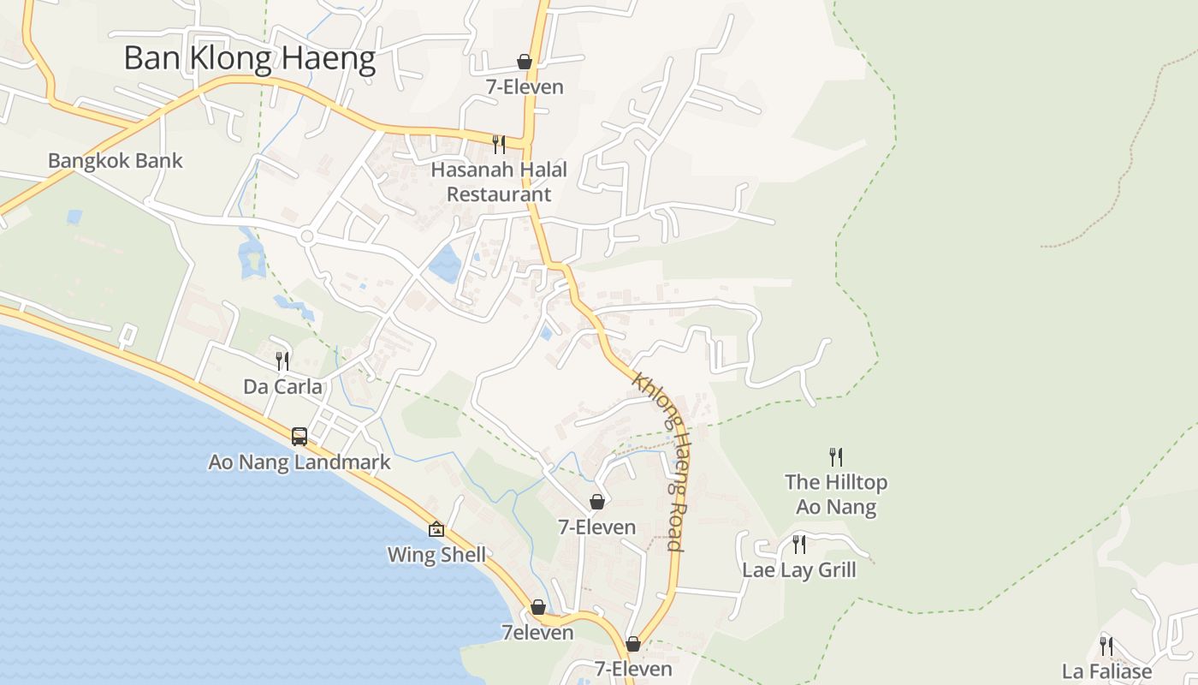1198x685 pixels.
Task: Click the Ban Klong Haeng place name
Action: tap(249, 59)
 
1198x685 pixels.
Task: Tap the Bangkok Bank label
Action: tap(116, 161)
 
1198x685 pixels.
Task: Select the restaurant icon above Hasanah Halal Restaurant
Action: tap(499, 144)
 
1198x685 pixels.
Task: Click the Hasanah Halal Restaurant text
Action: tap(499, 182)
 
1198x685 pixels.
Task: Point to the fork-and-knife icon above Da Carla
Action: tap(282, 361)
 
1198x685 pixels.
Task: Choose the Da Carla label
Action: tap(282, 387)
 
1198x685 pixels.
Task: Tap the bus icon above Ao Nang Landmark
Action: tap(299, 437)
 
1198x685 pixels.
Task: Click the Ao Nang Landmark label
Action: tap(299, 462)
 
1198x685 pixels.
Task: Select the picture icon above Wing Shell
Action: tap(436, 529)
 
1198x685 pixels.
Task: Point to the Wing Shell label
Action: tap(436, 555)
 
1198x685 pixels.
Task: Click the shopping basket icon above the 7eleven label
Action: tap(537, 607)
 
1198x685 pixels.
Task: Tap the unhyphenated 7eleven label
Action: tap(537, 633)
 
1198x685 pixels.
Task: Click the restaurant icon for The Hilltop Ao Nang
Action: tap(836, 456)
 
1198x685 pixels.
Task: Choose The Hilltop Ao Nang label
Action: tap(836, 494)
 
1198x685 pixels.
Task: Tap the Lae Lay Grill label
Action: tap(798, 570)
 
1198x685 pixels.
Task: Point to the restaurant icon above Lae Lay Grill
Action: tap(798, 544)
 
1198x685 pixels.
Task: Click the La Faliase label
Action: tap(1106, 671)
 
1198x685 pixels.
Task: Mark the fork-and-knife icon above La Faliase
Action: tap(1106, 645)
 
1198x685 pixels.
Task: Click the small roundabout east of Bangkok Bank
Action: tap(307, 235)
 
